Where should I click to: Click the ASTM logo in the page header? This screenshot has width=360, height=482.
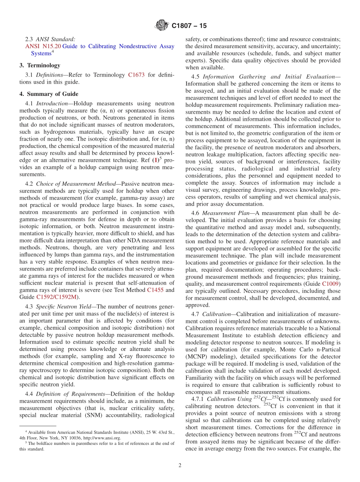click(x=162, y=26)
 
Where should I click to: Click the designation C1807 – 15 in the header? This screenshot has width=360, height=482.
click(x=189, y=26)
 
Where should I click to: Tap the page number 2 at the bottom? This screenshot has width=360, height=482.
click(x=180, y=465)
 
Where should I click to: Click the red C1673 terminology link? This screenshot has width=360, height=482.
click(x=136, y=75)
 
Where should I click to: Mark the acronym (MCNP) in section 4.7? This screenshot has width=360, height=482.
click(x=196, y=356)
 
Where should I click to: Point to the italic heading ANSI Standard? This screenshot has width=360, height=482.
click(x=56, y=39)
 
